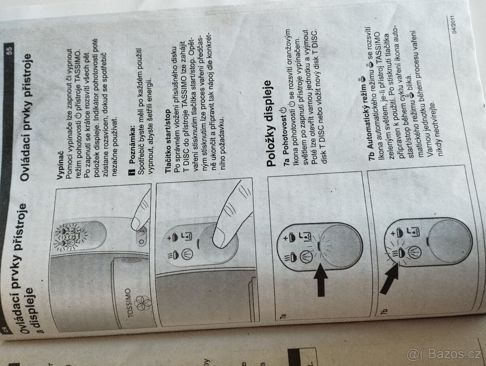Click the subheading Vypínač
click(60, 165)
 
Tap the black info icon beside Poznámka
click(132, 172)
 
